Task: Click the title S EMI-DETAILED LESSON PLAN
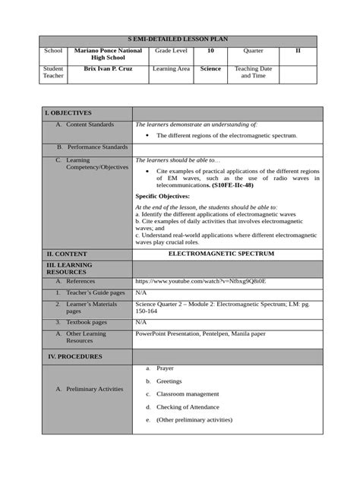click(x=179, y=38)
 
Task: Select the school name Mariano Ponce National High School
click(x=108, y=54)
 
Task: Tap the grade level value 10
click(x=210, y=50)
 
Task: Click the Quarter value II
click(x=298, y=50)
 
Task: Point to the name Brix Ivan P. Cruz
click(x=108, y=69)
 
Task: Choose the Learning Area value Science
click(x=210, y=69)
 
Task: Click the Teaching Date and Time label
click(x=253, y=73)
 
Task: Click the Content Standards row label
click(x=90, y=125)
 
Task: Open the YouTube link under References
click(x=201, y=280)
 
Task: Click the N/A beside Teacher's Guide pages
click(x=141, y=292)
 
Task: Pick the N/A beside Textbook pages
click(x=141, y=323)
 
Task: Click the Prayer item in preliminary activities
click(x=165, y=368)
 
